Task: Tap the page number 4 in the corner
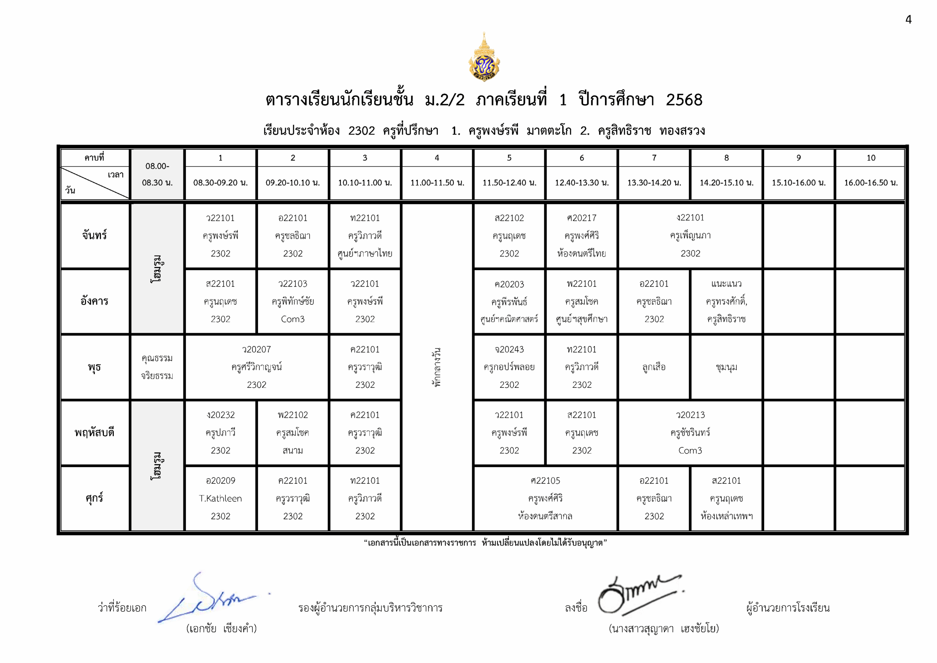[x=908, y=20]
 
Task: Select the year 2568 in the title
[x=684, y=100]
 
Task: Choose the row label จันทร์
[x=95, y=235]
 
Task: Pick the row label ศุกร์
[x=95, y=498]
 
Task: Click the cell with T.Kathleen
[x=220, y=499]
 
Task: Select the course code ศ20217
[x=582, y=218]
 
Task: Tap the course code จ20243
[x=509, y=350]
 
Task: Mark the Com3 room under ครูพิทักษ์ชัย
[x=292, y=319]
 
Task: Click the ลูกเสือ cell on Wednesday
[x=654, y=367]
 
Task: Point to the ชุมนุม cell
[x=727, y=367]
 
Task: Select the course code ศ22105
[x=545, y=481]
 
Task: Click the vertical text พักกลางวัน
[x=437, y=367]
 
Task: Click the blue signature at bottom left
[x=208, y=600]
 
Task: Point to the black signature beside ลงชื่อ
[x=637, y=594]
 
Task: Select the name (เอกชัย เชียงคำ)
[x=221, y=628]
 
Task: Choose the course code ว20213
[x=690, y=415]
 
